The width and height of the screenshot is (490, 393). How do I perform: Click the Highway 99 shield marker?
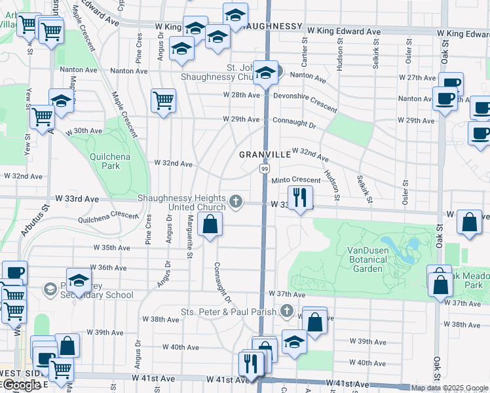(263, 169)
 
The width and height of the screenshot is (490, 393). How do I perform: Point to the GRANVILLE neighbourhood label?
(265, 155)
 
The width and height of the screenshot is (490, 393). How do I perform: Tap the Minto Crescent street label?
(296, 179)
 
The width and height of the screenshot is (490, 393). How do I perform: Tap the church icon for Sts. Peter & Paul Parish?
(286, 310)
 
